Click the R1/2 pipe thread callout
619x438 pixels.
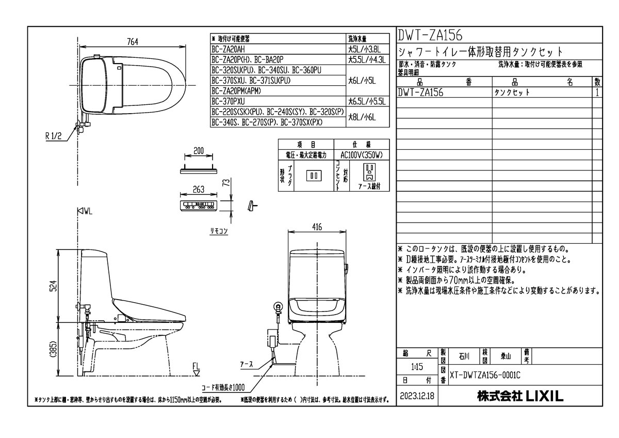pos(54,137)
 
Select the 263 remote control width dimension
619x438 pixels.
pos(199,189)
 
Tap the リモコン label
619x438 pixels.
pos(218,232)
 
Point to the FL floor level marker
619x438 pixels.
pos(196,367)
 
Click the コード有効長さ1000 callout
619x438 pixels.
pos(223,387)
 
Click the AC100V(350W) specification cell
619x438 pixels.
pos(362,154)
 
